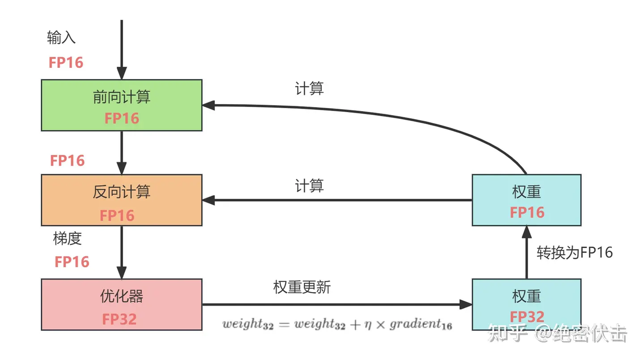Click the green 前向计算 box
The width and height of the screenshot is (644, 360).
(x=121, y=105)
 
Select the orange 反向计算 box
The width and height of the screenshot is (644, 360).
(x=121, y=200)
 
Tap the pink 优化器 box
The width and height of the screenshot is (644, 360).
(x=121, y=304)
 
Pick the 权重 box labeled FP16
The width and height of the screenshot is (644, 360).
(x=526, y=200)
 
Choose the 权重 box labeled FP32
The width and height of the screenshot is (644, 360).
(x=526, y=304)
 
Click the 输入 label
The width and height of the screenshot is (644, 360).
(x=61, y=37)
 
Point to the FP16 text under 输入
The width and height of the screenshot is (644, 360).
(x=66, y=62)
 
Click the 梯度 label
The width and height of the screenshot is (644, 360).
(x=67, y=238)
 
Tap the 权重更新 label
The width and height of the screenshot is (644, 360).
(x=302, y=287)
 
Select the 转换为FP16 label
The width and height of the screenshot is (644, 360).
(x=575, y=252)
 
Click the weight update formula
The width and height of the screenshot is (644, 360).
(x=337, y=324)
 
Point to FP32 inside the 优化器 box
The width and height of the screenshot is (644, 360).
(x=119, y=319)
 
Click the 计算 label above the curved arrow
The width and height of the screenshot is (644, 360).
(x=309, y=88)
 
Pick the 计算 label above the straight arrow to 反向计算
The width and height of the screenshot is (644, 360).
(x=309, y=186)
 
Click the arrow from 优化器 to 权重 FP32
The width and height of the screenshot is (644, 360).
(x=337, y=304)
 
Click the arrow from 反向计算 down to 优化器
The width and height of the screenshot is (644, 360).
(x=121, y=252)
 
